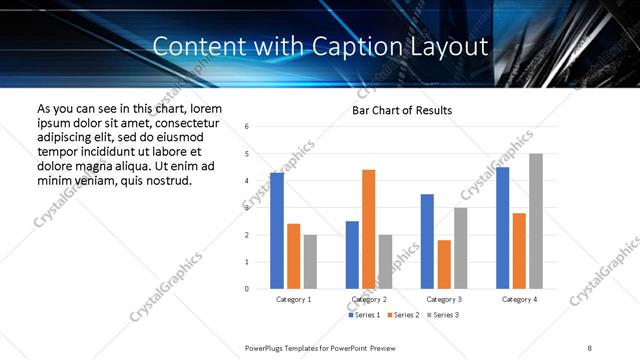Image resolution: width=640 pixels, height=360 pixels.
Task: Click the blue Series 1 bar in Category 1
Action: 277,231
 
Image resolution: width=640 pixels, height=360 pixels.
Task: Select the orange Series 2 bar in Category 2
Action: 368,229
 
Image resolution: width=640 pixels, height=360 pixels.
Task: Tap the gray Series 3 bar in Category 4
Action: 536,221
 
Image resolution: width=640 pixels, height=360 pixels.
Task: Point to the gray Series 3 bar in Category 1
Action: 310,262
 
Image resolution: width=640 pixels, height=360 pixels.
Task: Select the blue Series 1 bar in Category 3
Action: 427,241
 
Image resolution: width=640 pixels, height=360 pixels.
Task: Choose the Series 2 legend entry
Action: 403,315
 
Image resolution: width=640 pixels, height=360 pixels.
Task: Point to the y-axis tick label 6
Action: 247,126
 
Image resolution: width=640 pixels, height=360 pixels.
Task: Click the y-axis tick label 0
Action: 247,289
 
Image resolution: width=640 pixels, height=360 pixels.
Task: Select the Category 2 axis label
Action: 369,299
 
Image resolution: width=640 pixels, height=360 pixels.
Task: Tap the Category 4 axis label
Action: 519,299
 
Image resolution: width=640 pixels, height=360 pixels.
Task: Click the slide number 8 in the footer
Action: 590,348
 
